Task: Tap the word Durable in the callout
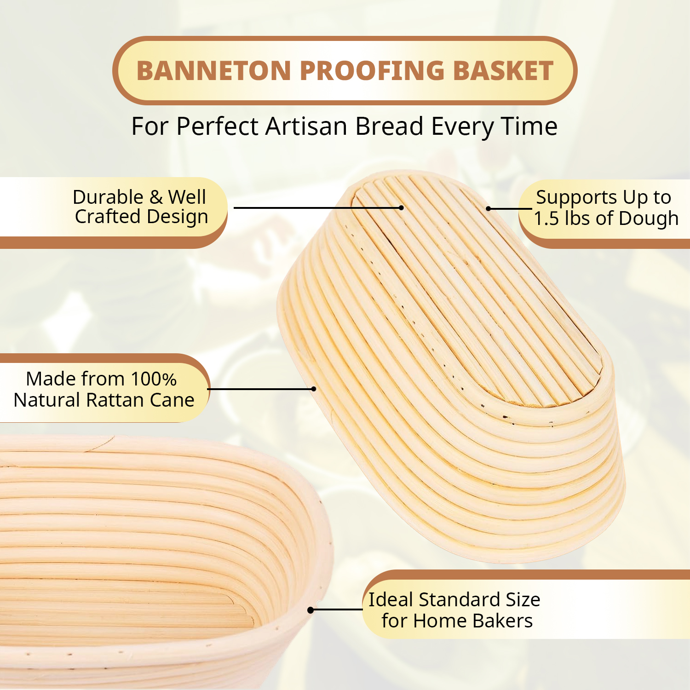108,197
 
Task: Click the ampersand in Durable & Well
156,197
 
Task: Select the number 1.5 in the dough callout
546,218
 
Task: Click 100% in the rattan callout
154,379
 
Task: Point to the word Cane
172,400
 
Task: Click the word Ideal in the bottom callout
391,600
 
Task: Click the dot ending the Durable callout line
401,208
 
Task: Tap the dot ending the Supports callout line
489,209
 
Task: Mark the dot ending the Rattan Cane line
314,389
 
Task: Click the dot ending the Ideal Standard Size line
310,610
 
